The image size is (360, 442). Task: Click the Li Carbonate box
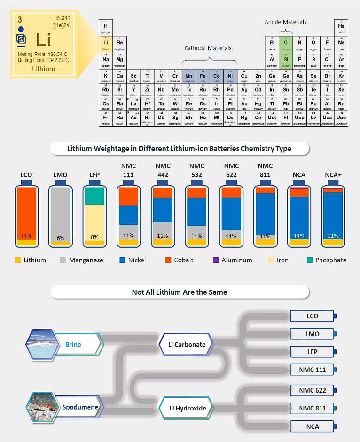click(x=187, y=344)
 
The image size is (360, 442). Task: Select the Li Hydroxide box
click(x=188, y=408)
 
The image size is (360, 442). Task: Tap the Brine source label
click(x=73, y=344)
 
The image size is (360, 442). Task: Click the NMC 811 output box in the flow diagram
click(x=312, y=408)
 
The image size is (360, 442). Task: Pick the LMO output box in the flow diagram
click(x=312, y=334)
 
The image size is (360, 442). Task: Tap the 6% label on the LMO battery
click(x=61, y=238)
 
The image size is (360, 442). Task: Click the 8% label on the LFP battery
click(x=94, y=237)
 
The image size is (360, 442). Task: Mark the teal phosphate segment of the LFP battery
click(x=94, y=196)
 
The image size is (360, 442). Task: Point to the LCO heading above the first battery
click(x=26, y=175)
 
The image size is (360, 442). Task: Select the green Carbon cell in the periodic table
click(x=285, y=42)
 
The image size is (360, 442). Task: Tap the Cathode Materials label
click(x=208, y=48)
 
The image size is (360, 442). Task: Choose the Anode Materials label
click(x=285, y=22)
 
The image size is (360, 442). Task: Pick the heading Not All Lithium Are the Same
click(x=180, y=292)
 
